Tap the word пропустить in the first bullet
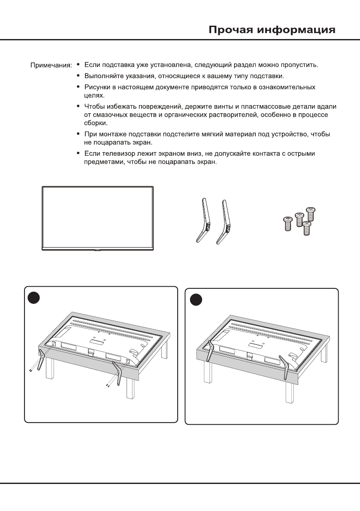299,66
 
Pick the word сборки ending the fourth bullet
94,123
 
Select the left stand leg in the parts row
201,221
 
